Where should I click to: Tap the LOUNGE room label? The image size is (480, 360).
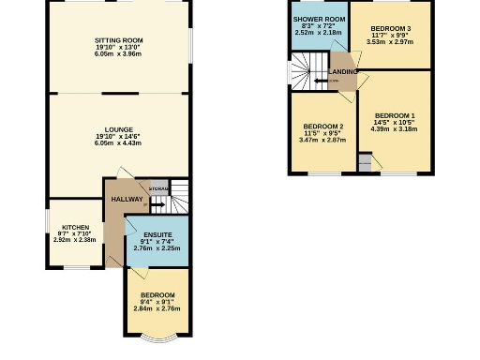coord(118,129)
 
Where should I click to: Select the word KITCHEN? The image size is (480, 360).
coord(75,227)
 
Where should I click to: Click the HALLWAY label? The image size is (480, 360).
coord(127,199)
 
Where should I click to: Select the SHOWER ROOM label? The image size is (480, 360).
coord(320,19)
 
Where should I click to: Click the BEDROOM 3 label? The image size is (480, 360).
coord(390,28)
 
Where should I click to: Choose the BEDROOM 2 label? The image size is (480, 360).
coord(323,127)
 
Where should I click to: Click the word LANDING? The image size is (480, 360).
coord(342,71)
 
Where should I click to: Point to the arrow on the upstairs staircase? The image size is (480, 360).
coord(323,80)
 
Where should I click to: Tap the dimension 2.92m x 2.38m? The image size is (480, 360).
coord(75,241)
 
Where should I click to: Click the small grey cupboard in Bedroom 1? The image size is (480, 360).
coord(364,164)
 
